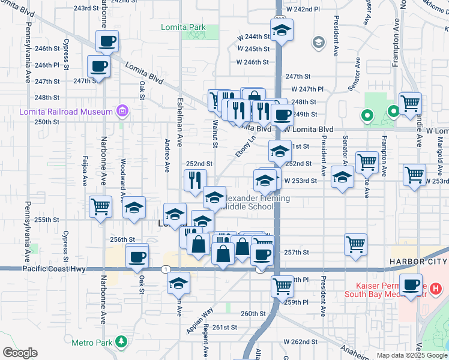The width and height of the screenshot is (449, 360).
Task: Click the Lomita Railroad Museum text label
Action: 66,112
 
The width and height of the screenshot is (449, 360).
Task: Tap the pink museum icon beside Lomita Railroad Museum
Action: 122,111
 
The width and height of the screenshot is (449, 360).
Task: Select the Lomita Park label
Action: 183,27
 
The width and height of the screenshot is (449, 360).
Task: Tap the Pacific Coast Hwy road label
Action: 54,270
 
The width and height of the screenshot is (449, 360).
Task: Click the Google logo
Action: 20,353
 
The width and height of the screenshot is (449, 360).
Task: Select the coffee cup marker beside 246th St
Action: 107,42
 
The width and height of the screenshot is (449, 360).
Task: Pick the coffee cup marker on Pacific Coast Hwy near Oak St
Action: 137,256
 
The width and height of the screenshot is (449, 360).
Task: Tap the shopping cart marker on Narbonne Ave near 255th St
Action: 100,206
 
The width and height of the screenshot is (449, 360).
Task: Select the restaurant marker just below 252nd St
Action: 195,180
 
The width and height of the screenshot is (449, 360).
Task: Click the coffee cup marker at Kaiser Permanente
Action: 412,286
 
